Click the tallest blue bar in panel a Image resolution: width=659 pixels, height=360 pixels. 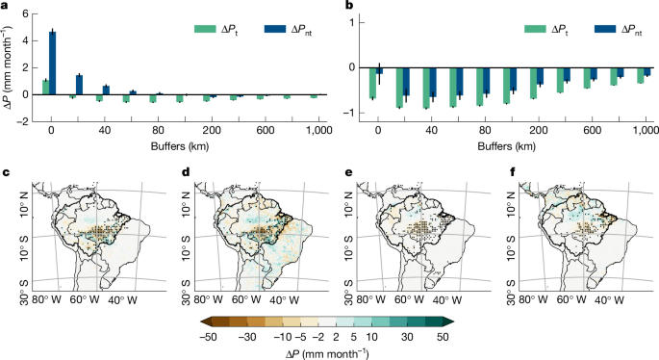[53, 63]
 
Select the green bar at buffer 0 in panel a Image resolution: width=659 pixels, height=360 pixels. [45, 87]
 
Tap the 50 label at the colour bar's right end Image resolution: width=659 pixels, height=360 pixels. [443, 338]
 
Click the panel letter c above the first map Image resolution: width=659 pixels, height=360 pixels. [7, 172]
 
